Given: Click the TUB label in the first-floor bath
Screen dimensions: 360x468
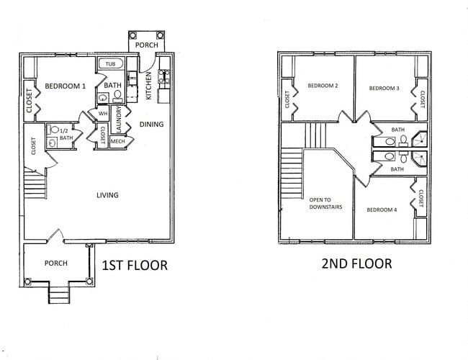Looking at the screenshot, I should [x=110, y=64].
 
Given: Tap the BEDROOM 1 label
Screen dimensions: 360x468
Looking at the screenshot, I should [x=66, y=86].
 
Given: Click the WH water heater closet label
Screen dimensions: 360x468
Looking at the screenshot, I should [x=103, y=113].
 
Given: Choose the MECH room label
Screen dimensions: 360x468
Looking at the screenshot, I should [x=118, y=141].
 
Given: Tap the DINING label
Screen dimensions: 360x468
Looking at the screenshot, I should [x=151, y=124].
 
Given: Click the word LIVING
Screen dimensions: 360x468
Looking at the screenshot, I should [x=108, y=194].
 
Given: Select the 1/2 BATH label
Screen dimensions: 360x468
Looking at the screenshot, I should [x=66, y=134].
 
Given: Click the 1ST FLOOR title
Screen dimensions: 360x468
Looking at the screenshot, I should [x=135, y=265].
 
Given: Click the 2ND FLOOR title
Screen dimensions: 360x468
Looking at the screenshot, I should [x=356, y=264].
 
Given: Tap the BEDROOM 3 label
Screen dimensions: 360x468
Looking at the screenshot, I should [x=384, y=88].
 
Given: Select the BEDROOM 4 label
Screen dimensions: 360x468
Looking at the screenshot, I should [x=382, y=210].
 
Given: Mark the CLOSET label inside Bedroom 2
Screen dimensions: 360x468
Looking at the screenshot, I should [x=287, y=99].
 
